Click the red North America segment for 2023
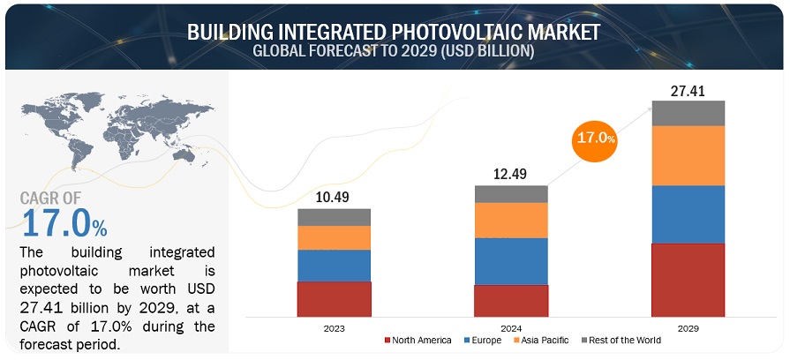(x=334, y=299)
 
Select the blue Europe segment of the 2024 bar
(x=511, y=261)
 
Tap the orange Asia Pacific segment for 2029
(x=688, y=155)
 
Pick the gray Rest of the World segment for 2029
(x=688, y=113)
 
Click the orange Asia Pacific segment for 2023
(x=334, y=237)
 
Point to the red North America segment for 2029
(x=688, y=280)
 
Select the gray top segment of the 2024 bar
(x=511, y=194)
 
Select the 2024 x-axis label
(x=511, y=328)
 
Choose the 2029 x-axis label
(x=688, y=328)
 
